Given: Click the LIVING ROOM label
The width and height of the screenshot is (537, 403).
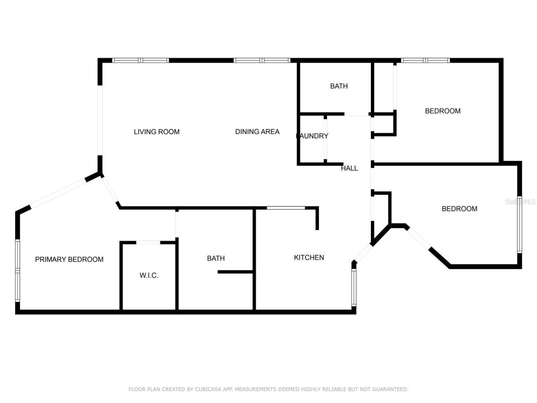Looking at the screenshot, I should [x=156, y=132].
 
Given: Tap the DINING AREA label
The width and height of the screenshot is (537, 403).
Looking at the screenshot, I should [x=257, y=132].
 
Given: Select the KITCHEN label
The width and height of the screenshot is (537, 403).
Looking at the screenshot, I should [x=309, y=258].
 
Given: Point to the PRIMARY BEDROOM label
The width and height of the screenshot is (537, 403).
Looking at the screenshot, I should [x=69, y=259].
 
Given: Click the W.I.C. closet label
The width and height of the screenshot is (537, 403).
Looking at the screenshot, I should [x=149, y=275].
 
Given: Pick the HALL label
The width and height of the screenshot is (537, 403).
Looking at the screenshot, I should [x=349, y=168].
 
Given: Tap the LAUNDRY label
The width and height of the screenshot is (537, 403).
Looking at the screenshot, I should [x=313, y=136].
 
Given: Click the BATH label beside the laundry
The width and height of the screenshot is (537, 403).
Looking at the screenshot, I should [x=339, y=86].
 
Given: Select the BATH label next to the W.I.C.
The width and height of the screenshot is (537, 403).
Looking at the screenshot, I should [x=216, y=259].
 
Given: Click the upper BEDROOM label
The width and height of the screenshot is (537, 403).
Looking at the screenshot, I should [x=443, y=111].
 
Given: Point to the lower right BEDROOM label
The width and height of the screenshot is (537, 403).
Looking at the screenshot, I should [x=459, y=209].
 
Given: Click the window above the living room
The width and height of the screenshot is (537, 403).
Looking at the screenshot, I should [x=141, y=60].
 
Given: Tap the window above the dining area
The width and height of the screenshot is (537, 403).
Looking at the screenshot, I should [x=262, y=60].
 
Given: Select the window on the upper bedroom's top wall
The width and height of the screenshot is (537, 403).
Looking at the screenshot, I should [x=425, y=60].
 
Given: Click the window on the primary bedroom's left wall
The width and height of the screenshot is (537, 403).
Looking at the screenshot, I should [x=18, y=270].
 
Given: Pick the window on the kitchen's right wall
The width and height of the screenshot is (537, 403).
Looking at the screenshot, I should [x=354, y=287].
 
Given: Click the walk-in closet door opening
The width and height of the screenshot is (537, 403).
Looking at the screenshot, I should [x=149, y=243].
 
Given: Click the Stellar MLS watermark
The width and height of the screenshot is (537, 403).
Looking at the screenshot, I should [x=520, y=202].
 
